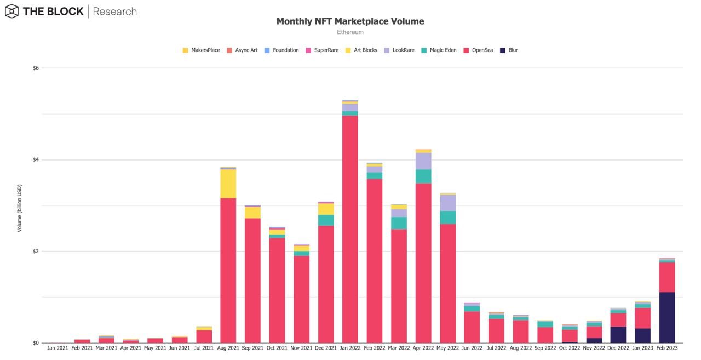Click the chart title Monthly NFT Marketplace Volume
coord(350,21)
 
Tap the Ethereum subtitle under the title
coord(350,32)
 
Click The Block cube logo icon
coord(12,11)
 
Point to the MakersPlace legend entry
coord(201,50)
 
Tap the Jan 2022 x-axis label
coord(350,348)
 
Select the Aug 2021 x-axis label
coord(228,348)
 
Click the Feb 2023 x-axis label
coord(667,348)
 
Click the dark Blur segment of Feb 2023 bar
coord(667,318)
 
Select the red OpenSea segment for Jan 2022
coord(350,230)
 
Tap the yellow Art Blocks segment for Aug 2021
coord(228,184)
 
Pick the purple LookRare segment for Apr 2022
coord(423,161)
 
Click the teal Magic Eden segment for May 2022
coord(447,218)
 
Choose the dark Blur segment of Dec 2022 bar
coord(618,335)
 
